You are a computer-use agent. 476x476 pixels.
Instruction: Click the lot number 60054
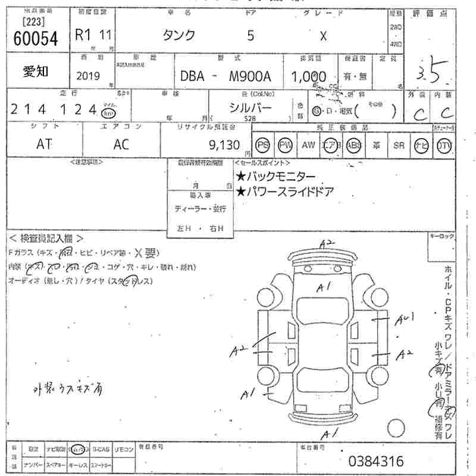[x=35, y=39]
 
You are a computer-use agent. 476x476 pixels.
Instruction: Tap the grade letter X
[x=323, y=36]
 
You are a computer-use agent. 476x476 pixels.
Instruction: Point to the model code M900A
[x=250, y=76]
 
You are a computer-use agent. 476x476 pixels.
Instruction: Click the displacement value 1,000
[x=308, y=76]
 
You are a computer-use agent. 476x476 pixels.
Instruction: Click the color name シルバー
[x=251, y=107]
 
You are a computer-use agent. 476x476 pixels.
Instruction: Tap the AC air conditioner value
[x=122, y=144]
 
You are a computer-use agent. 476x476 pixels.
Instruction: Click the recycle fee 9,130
[x=224, y=145]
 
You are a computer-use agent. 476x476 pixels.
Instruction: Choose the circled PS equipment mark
[x=262, y=145]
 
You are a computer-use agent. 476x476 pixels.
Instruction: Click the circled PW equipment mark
[x=286, y=145]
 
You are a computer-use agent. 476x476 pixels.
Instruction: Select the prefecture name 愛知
[x=36, y=72]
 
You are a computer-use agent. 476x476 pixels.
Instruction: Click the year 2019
[x=88, y=76]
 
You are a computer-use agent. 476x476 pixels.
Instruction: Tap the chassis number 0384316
[x=375, y=461]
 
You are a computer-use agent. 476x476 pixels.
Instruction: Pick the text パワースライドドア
[x=289, y=191]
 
